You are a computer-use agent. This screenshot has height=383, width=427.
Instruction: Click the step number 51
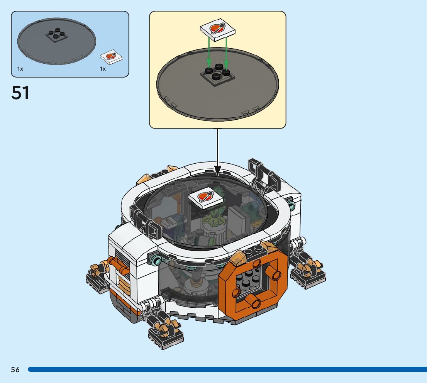(20, 93)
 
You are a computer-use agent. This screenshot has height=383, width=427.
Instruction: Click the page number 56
(15, 370)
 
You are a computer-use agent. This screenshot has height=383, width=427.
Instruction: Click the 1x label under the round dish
(20, 69)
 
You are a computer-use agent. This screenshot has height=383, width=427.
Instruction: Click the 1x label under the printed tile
(103, 69)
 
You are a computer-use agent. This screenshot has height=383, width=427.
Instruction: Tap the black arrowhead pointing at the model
(218, 169)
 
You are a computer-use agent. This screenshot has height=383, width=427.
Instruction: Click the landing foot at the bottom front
(165, 332)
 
